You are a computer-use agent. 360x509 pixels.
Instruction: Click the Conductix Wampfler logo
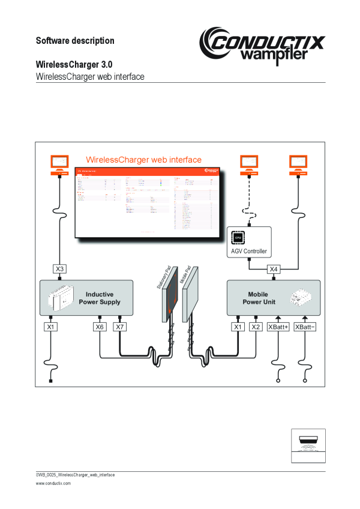point(262,45)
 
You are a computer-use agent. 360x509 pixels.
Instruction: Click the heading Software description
point(75,41)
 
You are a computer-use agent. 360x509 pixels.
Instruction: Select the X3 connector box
point(60,269)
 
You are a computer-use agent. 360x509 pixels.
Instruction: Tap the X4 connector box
point(274,269)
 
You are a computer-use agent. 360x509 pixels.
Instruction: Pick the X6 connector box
point(100,327)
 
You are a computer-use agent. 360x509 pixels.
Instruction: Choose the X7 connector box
point(120,327)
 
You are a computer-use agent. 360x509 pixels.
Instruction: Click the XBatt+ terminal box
point(278,327)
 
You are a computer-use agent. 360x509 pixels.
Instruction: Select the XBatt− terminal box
point(306,327)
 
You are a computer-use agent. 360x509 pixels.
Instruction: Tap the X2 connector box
point(256,327)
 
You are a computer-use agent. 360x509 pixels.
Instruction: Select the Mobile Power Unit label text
point(258,298)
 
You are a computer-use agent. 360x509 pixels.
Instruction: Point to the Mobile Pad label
point(185,276)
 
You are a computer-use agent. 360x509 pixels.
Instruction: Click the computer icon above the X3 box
point(59,163)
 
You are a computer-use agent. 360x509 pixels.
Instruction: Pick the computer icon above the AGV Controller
point(249,163)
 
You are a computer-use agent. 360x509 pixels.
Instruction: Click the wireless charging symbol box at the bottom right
point(308,445)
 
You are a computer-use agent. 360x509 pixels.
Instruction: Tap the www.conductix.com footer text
point(53,483)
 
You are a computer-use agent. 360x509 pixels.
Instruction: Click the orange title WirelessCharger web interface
point(144,160)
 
